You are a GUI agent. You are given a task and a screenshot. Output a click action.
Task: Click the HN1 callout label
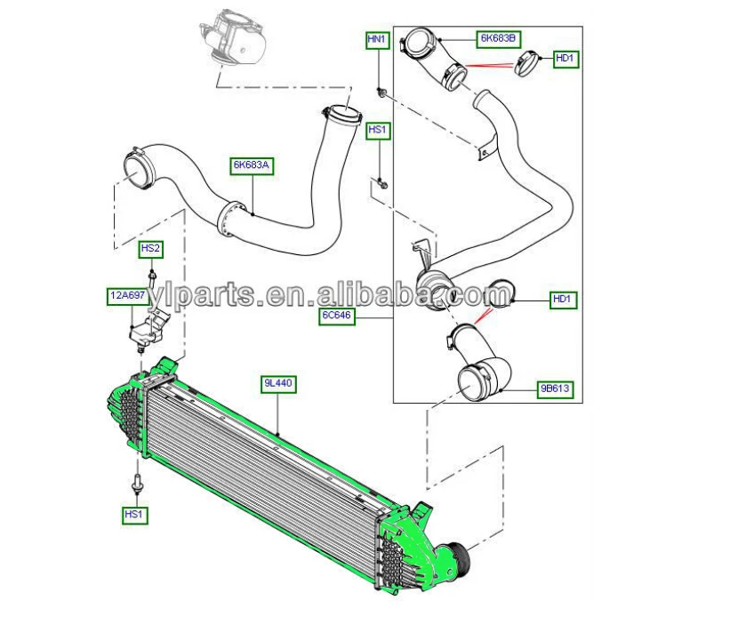(377, 40)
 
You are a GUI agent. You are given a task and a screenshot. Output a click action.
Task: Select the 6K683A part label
(252, 164)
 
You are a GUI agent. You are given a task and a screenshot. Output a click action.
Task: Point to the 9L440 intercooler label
(277, 384)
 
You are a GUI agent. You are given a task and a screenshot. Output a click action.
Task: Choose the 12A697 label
(127, 295)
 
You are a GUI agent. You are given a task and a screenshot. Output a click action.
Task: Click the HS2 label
(151, 249)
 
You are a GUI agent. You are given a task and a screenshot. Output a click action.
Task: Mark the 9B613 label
(555, 389)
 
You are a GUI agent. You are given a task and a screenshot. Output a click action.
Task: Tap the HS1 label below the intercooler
(135, 514)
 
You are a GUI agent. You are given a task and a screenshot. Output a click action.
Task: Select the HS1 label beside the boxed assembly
(378, 131)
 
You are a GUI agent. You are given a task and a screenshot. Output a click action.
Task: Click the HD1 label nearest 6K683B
(566, 59)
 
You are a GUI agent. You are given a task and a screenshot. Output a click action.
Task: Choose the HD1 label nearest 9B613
(562, 300)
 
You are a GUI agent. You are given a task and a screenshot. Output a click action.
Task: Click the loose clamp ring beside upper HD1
(528, 63)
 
